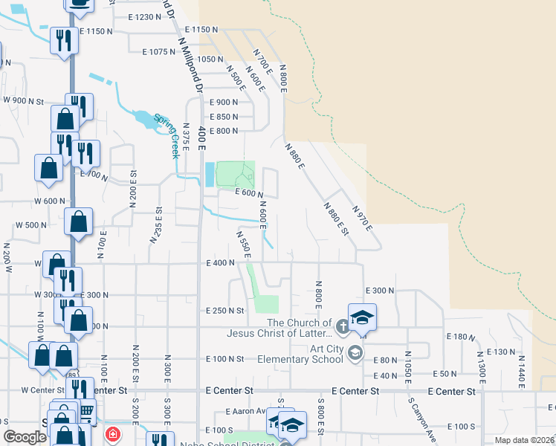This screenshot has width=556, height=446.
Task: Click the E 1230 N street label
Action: [x=144, y=16]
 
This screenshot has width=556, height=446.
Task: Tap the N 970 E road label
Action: [x=362, y=219]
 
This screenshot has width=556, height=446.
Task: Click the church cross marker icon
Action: [x=341, y=325]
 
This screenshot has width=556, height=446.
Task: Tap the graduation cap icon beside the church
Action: [x=362, y=317]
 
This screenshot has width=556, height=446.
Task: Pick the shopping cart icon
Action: [x=87, y=410]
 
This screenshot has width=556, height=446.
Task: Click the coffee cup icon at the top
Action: [x=80, y=4]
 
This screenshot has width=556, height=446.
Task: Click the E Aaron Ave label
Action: [x=245, y=411]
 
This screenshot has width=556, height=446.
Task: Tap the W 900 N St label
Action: [x=25, y=100]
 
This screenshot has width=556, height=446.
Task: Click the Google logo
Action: [x=25, y=437]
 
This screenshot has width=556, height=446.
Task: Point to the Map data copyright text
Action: [x=524, y=440]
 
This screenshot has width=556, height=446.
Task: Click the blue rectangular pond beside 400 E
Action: [x=209, y=175]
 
